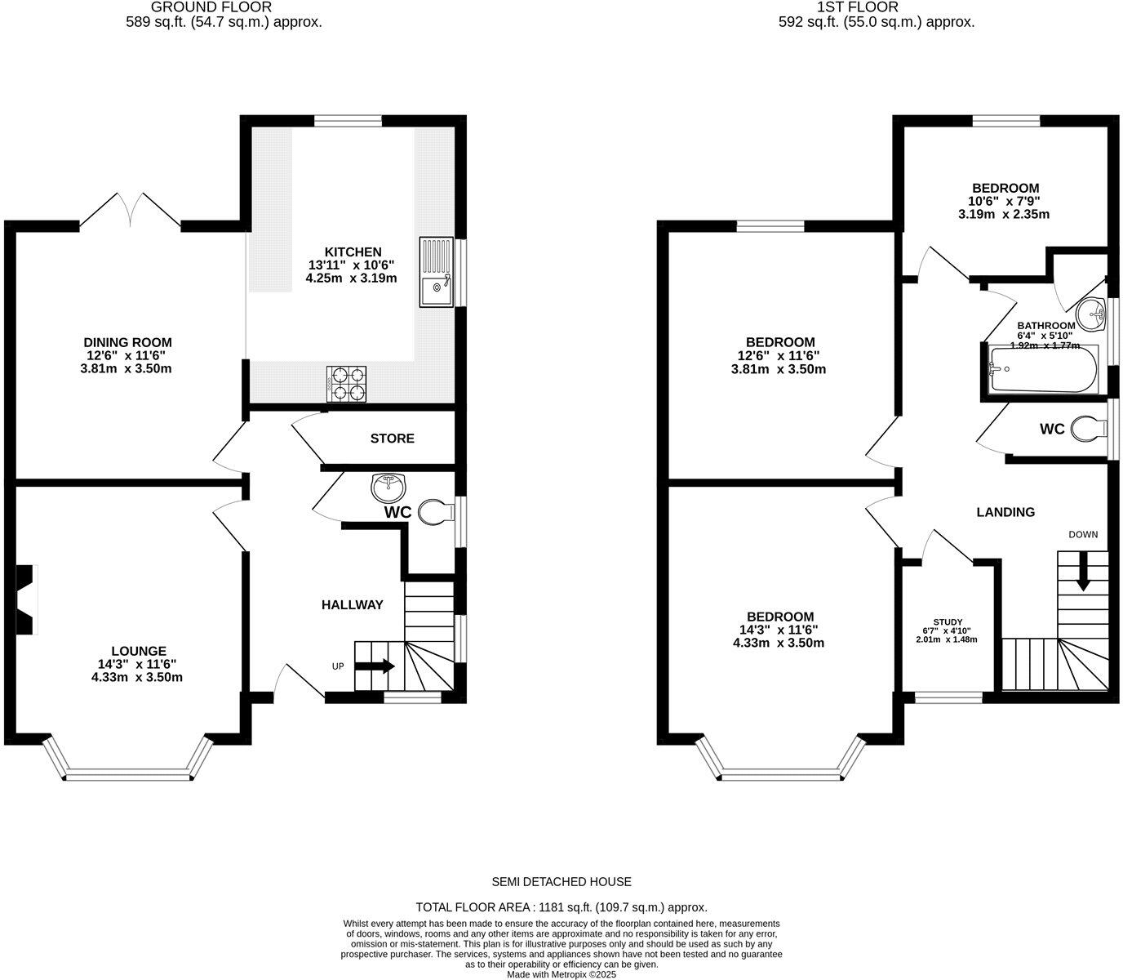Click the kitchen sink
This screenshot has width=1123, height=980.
click(x=436, y=272)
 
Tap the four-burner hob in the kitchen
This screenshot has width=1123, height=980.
click(x=347, y=384)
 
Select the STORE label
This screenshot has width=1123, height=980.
click(x=392, y=439)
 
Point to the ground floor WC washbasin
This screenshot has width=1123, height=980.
click(x=389, y=488)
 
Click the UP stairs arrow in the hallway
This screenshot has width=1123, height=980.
click(x=375, y=666)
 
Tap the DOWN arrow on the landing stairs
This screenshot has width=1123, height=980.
click(x=1083, y=572)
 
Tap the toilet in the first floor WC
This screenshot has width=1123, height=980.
click(x=1088, y=428)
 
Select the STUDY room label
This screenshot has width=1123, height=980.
click(x=947, y=621)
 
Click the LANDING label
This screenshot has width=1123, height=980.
click(x=1005, y=512)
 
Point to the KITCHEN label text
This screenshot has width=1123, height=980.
click(x=353, y=252)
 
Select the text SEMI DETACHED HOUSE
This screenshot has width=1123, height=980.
click(x=561, y=881)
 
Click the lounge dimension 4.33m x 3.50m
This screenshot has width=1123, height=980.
click(x=137, y=677)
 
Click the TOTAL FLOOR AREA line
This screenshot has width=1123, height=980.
click(x=561, y=906)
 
